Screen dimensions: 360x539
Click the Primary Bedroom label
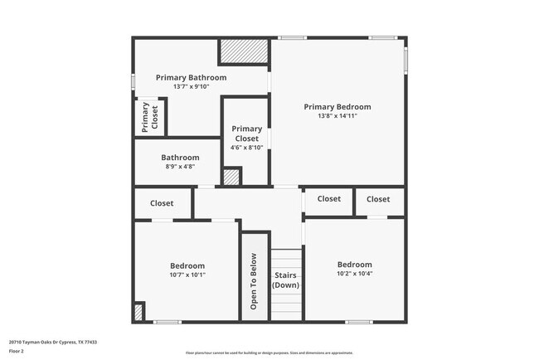(x=337, y=107)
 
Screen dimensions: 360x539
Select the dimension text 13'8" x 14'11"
(x=337, y=116)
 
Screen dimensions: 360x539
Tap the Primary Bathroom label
(x=191, y=77)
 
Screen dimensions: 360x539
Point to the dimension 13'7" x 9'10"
(x=191, y=86)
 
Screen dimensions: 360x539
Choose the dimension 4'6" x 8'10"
(x=246, y=148)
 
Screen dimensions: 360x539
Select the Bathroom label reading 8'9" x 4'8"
(x=180, y=158)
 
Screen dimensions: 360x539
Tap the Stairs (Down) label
(x=286, y=280)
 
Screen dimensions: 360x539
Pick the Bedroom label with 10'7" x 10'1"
(x=187, y=266)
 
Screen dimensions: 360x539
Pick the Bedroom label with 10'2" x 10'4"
(x=354, y=265)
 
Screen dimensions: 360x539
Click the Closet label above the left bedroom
(x=162, y=203)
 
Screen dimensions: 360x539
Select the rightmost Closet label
(x=378, y=199)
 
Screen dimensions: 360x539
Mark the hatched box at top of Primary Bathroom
(x=244, y=51)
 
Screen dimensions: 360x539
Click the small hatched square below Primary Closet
(x=231, y=177)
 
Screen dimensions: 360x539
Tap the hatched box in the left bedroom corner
(x=138, y=313)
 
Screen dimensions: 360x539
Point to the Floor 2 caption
(x=17, y=351)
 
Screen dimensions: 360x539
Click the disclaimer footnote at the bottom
(x=269, y=353)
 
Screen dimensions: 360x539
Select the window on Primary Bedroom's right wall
(x=405, y=58)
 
